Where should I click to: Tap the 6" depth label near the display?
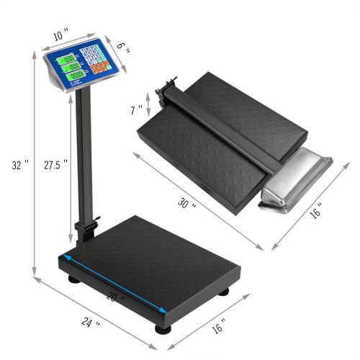coord(122,47)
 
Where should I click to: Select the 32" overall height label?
coord(22,164)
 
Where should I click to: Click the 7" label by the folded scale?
coord(136,110)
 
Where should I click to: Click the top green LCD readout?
coord(70,60)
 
